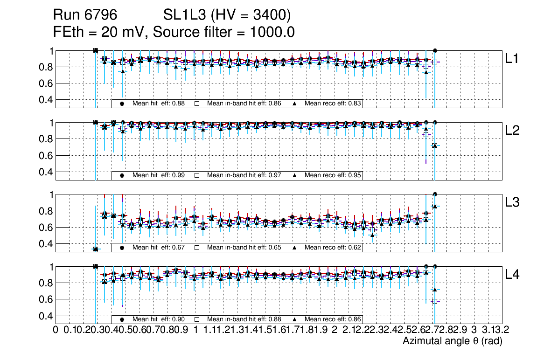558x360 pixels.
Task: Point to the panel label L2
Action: coord(513,131)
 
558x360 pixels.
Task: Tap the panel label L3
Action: coord(513,202)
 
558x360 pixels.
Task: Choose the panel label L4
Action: coord(513,275)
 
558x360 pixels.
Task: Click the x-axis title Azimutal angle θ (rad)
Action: coord(452,341)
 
